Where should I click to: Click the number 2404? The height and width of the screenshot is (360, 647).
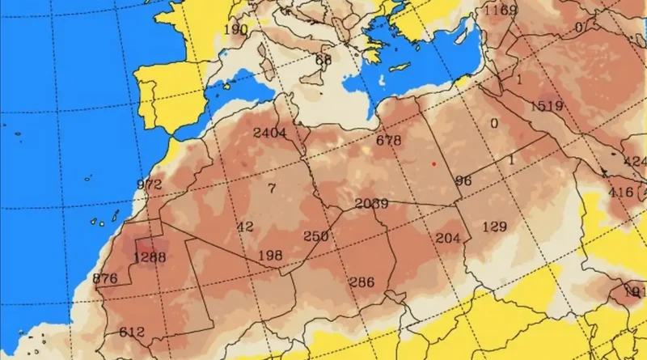pyautogui.click(x=270, y=133)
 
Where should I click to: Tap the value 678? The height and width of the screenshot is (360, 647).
pyautogui.click(x=389, y=141)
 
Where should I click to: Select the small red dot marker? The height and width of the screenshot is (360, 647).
pyautogui.click(x=433, y=163)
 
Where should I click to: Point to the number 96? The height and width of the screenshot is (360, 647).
pyautogui.click(x=463, y=180)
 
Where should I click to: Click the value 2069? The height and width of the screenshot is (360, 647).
pyautogui.click(x=371, y=203)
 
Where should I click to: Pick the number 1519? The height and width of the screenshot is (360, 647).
pyautogui.click(x=548, y=106)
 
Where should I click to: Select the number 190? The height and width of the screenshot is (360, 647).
pyautogui.click(x=235, y=30)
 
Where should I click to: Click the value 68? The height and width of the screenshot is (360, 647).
pyautogui.click(x=323, y=60)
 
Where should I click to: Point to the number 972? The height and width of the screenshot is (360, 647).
pyautogui.click(x=150, y=184)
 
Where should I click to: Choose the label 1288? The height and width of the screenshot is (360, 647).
pyautogui.click(x=149, y=257)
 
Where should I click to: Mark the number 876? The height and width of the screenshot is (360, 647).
pyautogui.click(x=106, y=279)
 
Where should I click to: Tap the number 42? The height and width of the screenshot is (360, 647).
pyautogui.click(x=245, y=227)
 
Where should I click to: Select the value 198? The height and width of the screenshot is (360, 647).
pyautogui.click(x=269, y=256)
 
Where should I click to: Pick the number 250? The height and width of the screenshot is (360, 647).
pyautogui.click(x=315, y=236)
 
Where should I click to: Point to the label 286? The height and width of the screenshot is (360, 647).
pyautogui.click(x=361, y=282)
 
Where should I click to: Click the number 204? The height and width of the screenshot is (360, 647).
pyautogui.click(x=447, y=238)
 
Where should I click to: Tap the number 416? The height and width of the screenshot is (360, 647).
pyautogui.click(x=621, y=192)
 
